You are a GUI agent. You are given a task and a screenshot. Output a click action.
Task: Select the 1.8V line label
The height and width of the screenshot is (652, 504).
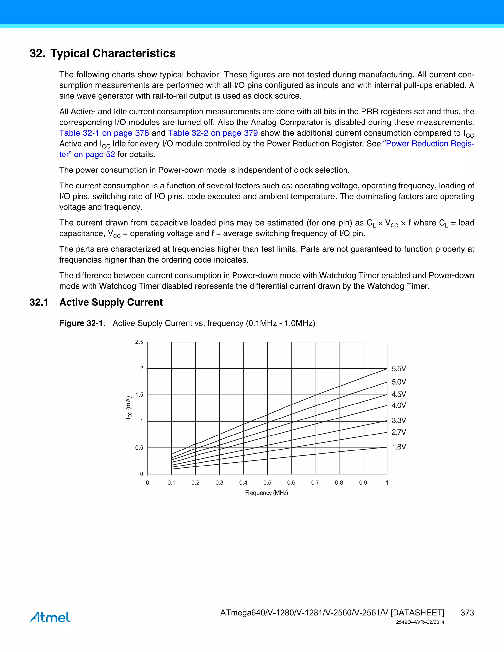pyautogui.click(x=399, y=447)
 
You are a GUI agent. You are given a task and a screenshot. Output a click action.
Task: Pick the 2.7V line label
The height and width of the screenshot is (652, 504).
pyautogui.click(x=399, y=432)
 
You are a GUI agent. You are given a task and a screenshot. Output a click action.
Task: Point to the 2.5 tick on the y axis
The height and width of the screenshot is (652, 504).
pyautogui.click(x=139, y=342)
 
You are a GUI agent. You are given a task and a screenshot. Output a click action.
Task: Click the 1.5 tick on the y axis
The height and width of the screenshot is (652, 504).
pyautogui.click(x=139, y=395)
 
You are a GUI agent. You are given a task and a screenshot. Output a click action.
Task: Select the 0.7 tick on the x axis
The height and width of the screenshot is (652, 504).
pyautogui.click(x=315, y=483)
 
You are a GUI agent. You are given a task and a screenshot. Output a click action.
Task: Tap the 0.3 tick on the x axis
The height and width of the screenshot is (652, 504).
pyautogui.click(x=219, y=483)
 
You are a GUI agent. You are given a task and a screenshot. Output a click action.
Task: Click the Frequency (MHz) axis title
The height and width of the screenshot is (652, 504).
pyautogui.click(x=266, y=493)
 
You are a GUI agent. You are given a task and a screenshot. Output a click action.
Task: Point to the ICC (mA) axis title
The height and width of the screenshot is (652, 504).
pyautogui.click(x=129, y=407)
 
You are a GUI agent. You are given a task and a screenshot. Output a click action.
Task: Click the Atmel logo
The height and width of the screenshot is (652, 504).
pyautogui.click(x=50, y=617)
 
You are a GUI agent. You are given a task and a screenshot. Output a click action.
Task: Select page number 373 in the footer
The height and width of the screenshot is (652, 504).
pyautogui.click(x=467, y=613)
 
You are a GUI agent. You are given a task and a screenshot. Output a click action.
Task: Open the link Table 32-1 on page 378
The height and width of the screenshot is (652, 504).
pyautogui.click(x=104, y=133)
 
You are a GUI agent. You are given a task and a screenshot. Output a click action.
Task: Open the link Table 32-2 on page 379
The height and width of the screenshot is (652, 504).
pyautogui.click(x=213, y=133)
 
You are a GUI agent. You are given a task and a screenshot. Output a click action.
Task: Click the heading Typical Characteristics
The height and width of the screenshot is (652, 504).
pyautogui.click(x=113, y=53)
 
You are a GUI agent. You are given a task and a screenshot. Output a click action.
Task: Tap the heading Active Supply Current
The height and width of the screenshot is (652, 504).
pyautogui.click(x=111, y=302)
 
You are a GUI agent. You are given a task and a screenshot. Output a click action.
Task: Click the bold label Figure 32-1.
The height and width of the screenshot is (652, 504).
pyautogui.click(x=82, y=323)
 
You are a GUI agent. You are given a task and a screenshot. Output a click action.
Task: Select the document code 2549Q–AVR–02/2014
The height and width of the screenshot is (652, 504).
pyautogui.click(x=420, y=622)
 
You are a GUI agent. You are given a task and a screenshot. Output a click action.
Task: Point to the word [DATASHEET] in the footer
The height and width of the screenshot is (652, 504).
pyautogui.click(x=417, y=613)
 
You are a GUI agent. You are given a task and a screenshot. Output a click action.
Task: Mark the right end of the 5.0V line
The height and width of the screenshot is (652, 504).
pyautogui.click(x=387, y=382)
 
